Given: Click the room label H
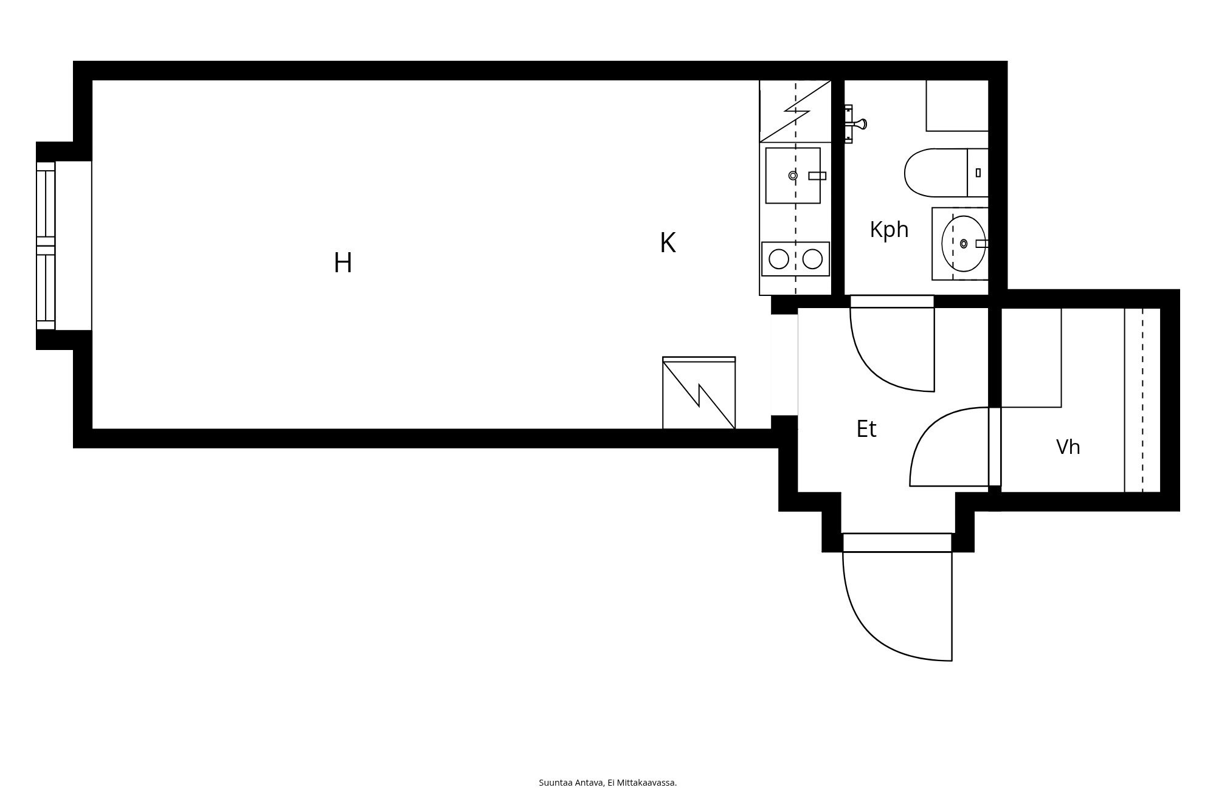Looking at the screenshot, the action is (343, 263).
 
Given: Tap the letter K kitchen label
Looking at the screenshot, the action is (668, 243).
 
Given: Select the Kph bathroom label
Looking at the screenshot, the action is (889, 230).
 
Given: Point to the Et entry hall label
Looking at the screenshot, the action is (866, 428).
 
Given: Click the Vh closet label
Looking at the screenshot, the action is (1068, 447).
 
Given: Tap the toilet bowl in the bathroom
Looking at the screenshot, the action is (936, 173).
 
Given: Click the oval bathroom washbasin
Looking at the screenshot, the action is (964, 244).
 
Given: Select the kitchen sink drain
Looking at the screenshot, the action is (793, 176).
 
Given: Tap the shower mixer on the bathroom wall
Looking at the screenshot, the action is (855, 124).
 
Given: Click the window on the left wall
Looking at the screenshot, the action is (46, 245).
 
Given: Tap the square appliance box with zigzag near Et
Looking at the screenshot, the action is (699, 393).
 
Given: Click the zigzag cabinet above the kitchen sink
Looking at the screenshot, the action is (795, 111).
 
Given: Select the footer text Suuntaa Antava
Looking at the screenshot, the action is (571, 783).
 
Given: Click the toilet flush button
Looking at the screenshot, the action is (978, 173).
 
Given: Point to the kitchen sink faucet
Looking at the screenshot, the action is (817, 176).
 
